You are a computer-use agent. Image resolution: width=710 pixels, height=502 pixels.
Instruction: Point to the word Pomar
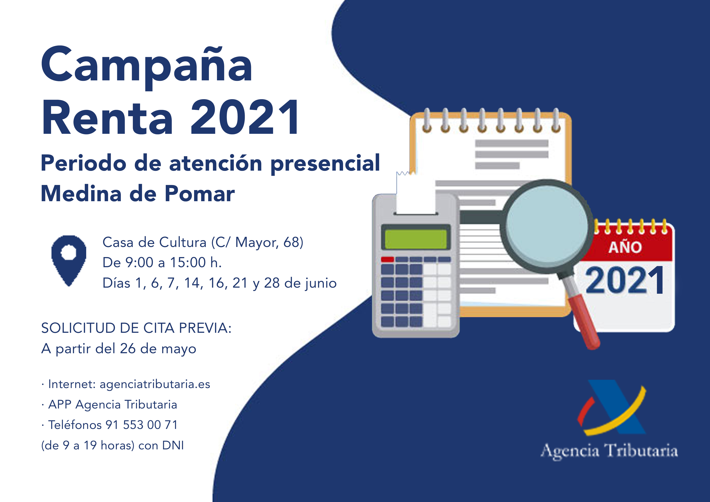coord(199,194)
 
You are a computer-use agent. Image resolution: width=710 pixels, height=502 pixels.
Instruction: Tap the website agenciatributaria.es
coord(155,384)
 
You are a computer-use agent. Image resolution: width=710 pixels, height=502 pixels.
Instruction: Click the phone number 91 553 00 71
coord(142,425)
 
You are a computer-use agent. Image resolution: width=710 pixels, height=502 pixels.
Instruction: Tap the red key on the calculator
coord(387,259)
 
